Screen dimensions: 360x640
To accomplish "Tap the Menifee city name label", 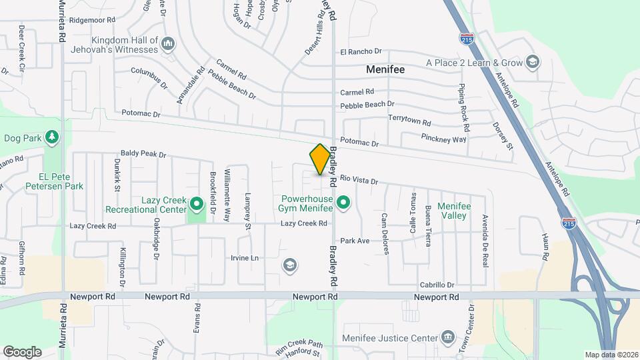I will (x=385, y=69).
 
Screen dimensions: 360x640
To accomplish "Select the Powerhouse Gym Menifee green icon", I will (x=343, y=201).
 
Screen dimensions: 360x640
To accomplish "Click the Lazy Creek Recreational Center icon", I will (x=196, y=203).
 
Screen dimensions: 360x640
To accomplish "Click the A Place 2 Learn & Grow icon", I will (x=533, y=63).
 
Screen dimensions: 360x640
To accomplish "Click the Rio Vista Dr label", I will (x=359, y=180).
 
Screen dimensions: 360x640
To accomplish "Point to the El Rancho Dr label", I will (x=360, y=51).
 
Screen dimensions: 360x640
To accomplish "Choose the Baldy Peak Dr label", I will (x=143, y=154).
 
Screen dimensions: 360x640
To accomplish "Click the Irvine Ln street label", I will (x=244, y=258).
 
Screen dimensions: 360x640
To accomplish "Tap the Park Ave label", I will (x=355, y=240).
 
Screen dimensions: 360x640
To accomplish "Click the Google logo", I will (x=22, y=351).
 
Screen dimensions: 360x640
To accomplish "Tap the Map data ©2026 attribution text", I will (x=611, y=355).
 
